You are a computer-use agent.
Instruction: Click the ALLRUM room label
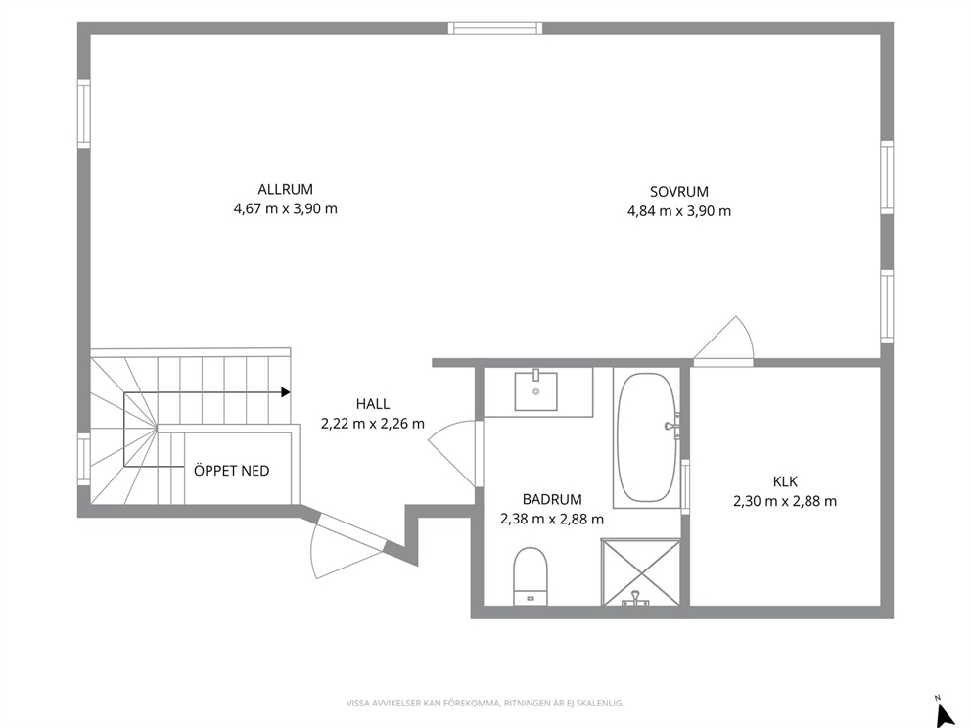[286, 189]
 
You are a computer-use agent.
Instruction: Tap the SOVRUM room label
[679, 191]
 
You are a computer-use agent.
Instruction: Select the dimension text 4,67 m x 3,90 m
[286, 208]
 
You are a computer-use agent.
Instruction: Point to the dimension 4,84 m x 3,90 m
[679, 211]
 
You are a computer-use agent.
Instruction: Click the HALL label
[373, 404]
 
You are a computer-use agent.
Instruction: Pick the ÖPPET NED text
[232, 471]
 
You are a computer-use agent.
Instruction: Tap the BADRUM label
[552, 499]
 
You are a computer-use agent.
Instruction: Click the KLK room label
[785, 481]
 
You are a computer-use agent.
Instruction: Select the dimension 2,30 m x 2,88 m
[785, 501]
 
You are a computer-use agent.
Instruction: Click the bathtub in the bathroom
[647, 437]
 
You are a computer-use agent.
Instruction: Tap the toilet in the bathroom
[531, 576]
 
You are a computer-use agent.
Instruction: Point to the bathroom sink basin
[536, 390]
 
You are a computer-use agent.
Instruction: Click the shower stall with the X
[640, 572]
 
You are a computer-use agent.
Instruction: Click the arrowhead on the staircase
[286, 391]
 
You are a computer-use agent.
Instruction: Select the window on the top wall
[495, 27]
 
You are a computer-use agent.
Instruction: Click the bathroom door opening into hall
[455, 451]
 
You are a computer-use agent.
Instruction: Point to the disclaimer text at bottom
[485, 703]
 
